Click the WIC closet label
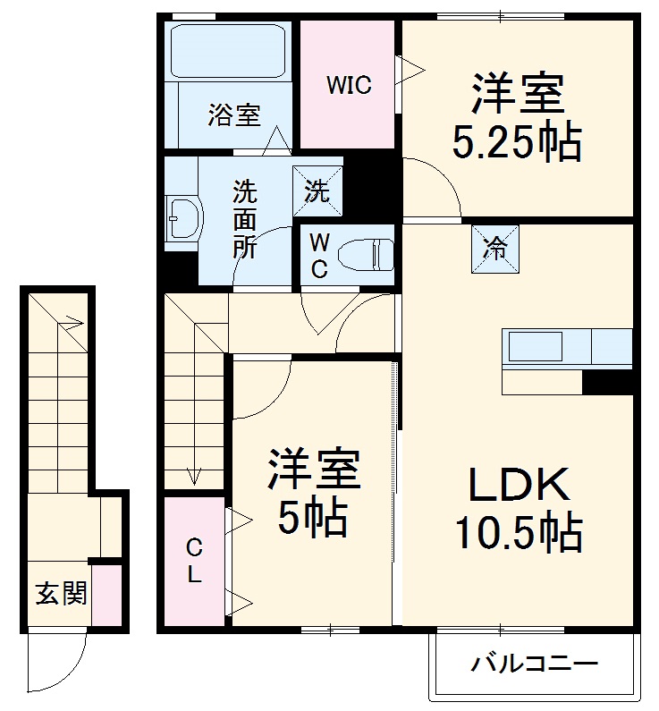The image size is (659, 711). [x=348, y=86]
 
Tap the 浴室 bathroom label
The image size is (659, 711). [x=234, y=114]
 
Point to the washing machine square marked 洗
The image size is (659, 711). [x=318, y=190]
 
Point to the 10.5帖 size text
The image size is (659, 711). [x=518, y=534]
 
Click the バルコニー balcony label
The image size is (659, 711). [x=534, y=664]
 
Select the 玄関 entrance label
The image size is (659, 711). [x=61, y=592]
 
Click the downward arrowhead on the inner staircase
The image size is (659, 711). [x=192, y=478]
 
